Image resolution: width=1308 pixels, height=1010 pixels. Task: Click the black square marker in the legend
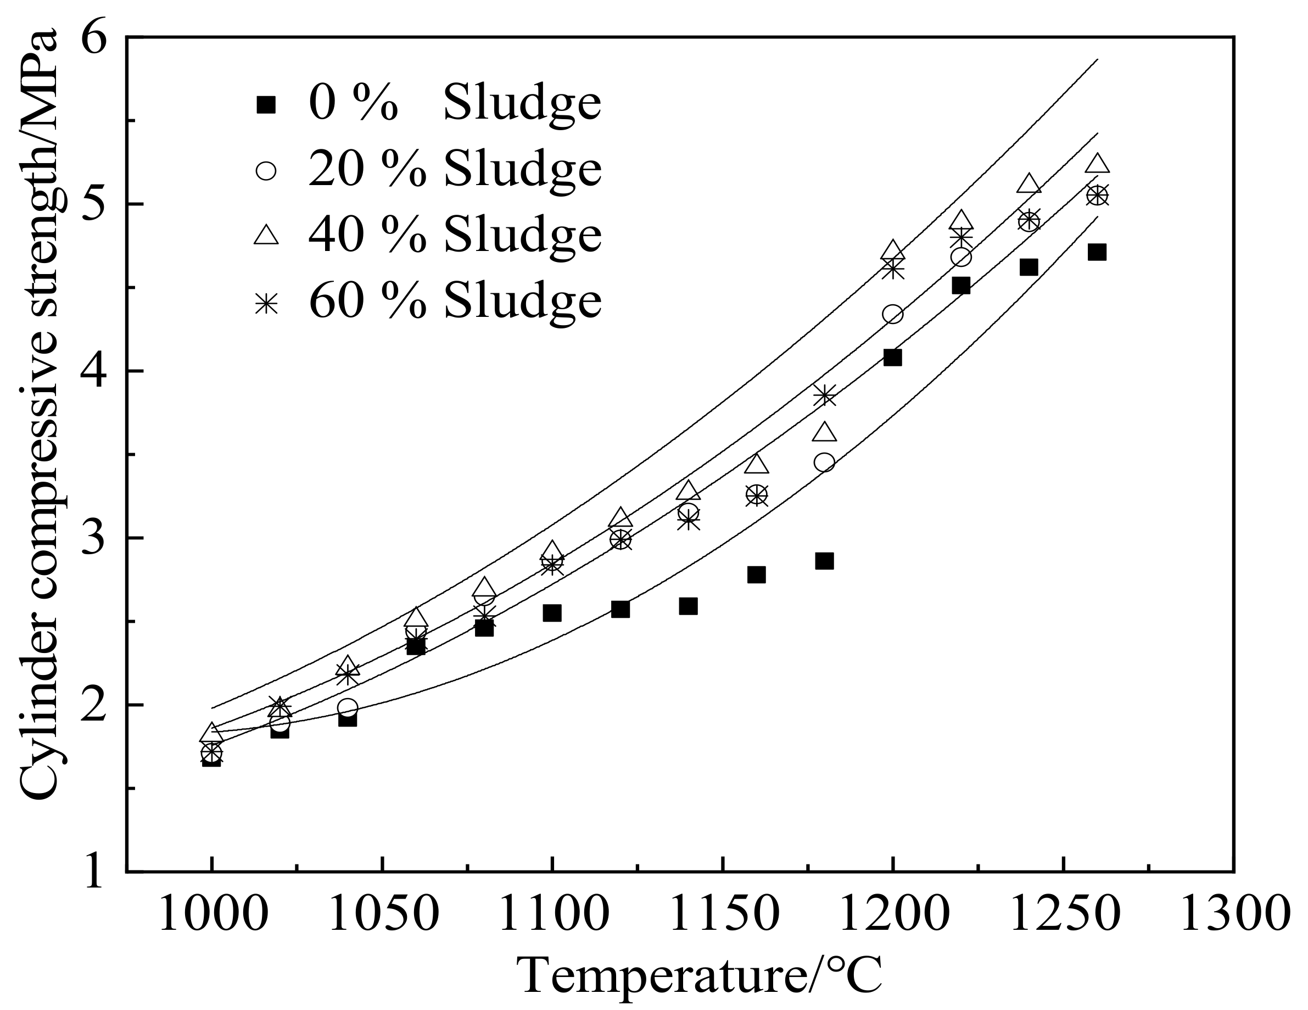pyautogui.click(x=265, y=105)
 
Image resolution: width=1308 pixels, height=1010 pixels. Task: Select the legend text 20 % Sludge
pyautogui.click(x=455, y=169)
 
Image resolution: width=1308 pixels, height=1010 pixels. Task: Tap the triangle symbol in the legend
pyautogui.click(x=266, y=234)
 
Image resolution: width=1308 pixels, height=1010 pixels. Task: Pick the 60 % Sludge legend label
pyautogui.click(x=455, y=300)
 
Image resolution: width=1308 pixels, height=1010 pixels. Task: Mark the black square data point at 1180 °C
pyautogui.click(x=824, y=561)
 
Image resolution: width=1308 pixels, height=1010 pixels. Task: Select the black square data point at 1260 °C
pyautogui.click(x=1097, y=252)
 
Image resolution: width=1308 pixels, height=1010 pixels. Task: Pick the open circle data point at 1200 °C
pyautogui.click(x=892, y=314)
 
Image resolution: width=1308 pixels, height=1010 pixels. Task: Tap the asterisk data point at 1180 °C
pyautogui.click(x=825, y=395)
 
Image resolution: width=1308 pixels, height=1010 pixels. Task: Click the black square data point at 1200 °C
pyautogui.click(x=892, y=358)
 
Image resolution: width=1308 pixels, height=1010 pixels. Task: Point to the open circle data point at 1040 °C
pyautogui.click(x=348, y=707)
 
